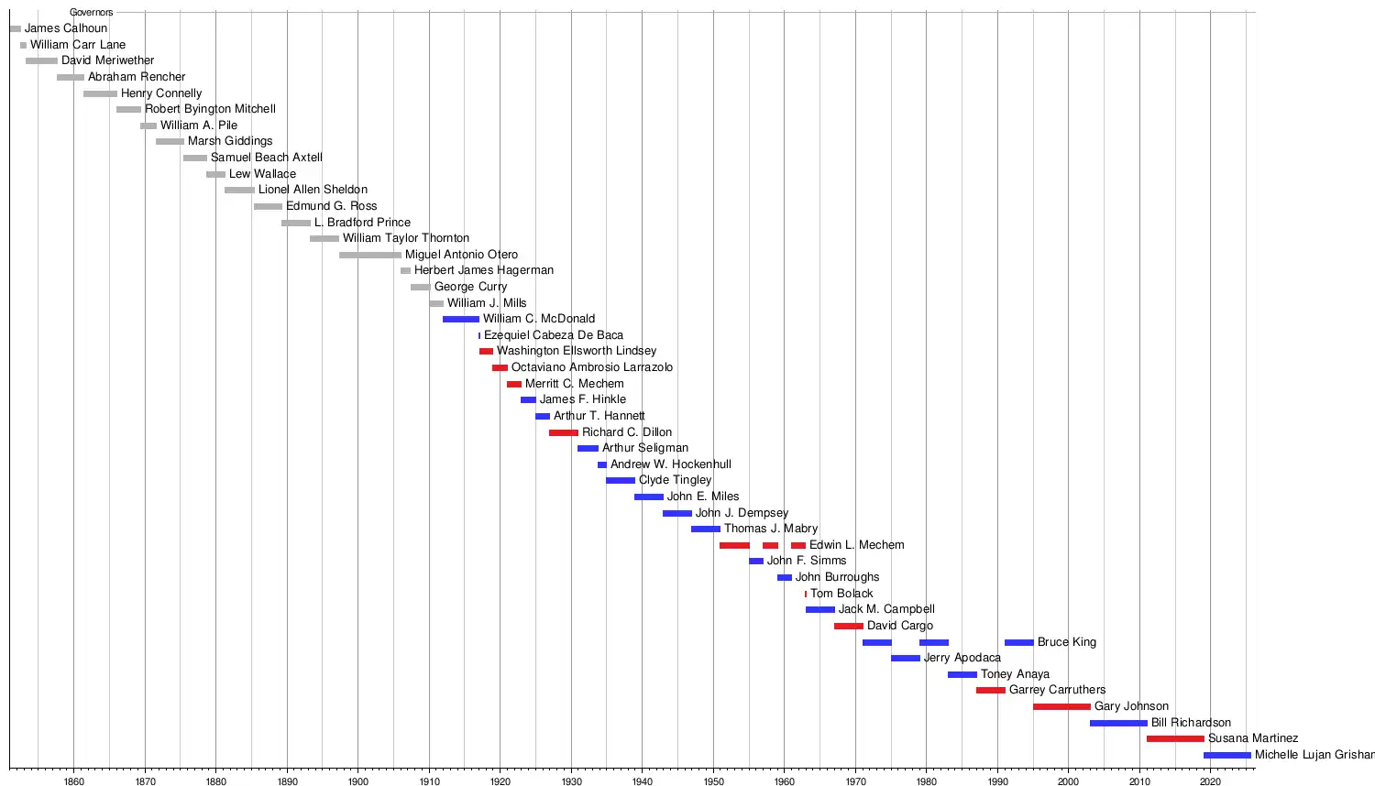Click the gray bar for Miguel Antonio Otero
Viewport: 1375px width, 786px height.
(369, 255)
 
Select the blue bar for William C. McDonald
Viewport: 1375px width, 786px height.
(460, 319)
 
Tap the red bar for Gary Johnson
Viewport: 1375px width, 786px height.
(1061, 706)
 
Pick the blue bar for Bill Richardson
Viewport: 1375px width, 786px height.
(1118, 723)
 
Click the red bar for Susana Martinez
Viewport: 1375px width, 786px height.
(1175, 738)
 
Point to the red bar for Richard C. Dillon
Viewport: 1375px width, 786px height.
(563, 432)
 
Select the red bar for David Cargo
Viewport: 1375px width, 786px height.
(848, 626)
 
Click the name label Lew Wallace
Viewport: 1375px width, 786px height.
(262, 174)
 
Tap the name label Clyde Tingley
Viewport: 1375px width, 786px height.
(675, 480)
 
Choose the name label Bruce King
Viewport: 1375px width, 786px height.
(1066, 642)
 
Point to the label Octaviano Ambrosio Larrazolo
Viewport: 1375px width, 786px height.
(591, 367)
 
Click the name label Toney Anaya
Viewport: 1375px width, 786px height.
(1015, 674)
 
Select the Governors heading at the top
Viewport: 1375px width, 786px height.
(91, 13)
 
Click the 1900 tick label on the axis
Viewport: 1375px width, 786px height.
(357, 781)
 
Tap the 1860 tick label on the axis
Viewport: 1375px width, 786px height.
(74, 781)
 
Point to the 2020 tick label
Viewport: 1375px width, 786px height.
(1210, 781)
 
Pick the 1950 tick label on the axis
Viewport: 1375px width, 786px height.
(713, 781)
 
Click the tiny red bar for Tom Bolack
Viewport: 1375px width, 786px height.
(806, 594)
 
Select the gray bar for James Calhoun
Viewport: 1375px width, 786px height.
(15, 29)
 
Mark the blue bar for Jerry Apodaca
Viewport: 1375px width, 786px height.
(905, 658)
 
